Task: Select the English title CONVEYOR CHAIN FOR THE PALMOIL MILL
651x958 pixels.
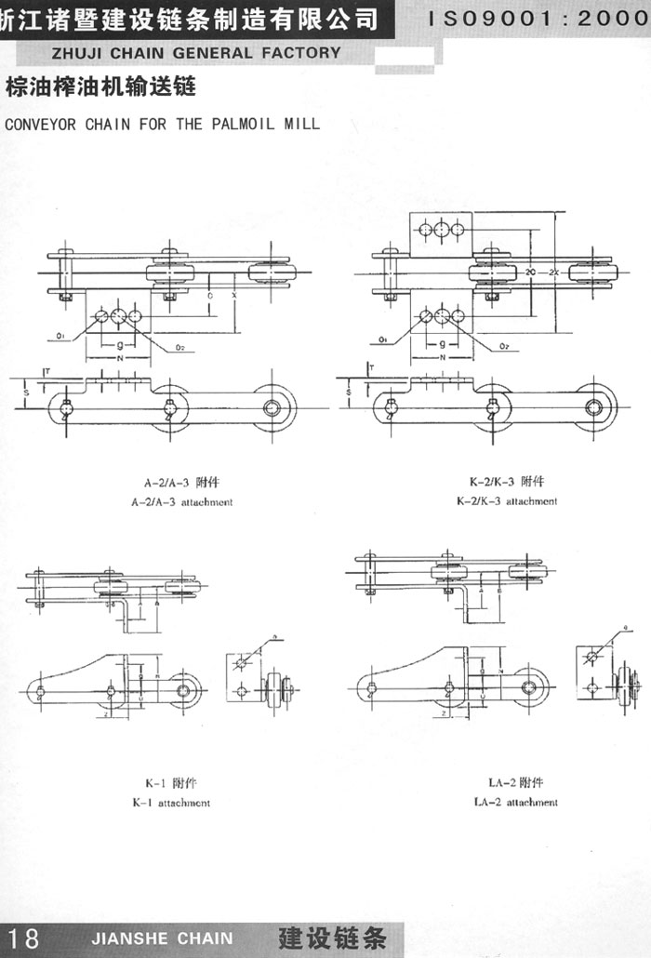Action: [162, 123]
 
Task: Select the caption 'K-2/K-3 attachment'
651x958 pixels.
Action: [507, 501]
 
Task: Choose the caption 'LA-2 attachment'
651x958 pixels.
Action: [515, 802]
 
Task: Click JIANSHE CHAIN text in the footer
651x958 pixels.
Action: [164, 938]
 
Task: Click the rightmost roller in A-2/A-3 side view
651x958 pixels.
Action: [275, 406]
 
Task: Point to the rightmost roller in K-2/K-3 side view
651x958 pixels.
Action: [595, 406]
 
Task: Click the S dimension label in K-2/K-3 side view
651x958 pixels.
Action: [347, 393]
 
